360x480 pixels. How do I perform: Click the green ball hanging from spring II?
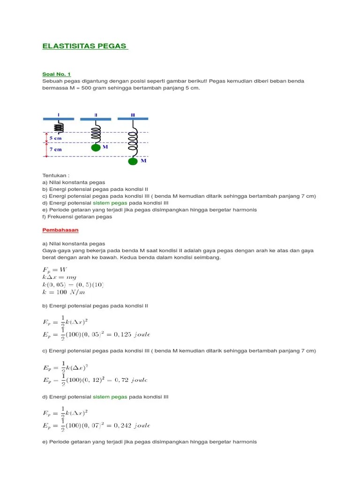(x=96, y=148)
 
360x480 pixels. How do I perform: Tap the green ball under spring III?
(x=133, y=161)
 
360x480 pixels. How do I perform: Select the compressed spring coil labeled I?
(x=59, y=127)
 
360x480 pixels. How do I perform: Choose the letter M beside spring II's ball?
(x=105, y=147)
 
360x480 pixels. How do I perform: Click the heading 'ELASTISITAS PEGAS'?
(x=84, y=46)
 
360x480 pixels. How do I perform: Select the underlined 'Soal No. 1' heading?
(x=56, y=74)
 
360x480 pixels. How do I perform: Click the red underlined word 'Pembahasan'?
(x=60, y=230)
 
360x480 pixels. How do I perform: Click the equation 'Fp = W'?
(x=55, y=270)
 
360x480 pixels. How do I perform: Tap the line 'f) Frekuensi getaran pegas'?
(x=77, y=217)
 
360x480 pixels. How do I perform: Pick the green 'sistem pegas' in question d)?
(x=110, y=203)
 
